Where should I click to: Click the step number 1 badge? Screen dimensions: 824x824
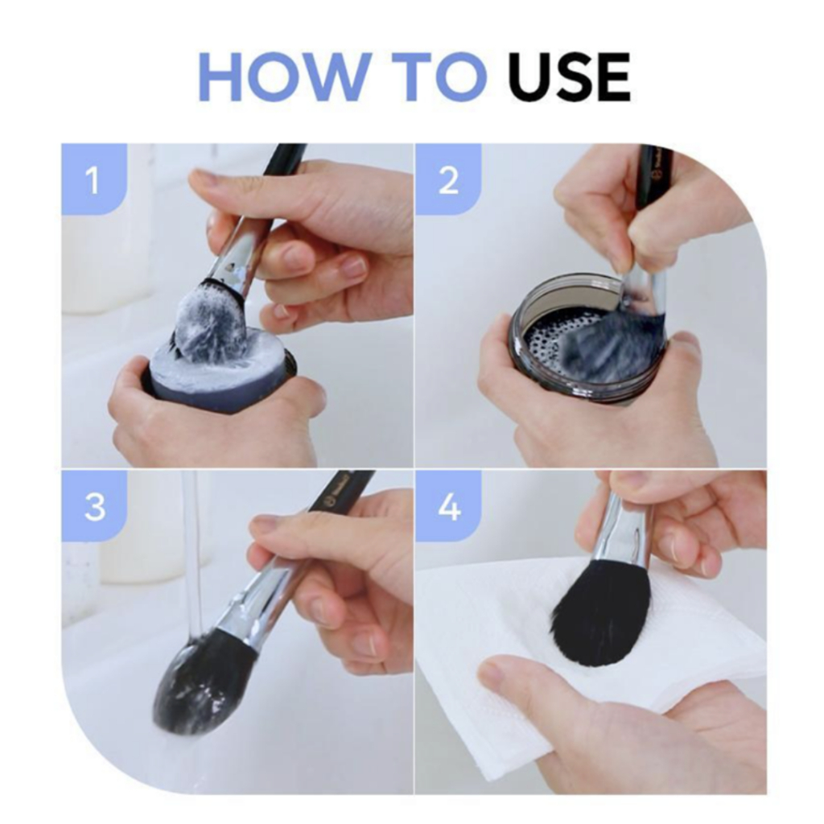(x=94, y=179)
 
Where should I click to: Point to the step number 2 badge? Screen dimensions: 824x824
(x=447, y=179)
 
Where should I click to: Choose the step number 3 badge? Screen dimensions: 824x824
(x=94, y=505)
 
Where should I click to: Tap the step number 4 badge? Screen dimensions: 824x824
(x=447, y=505)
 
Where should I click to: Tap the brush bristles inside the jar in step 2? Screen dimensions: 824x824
(x=610, y=341)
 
